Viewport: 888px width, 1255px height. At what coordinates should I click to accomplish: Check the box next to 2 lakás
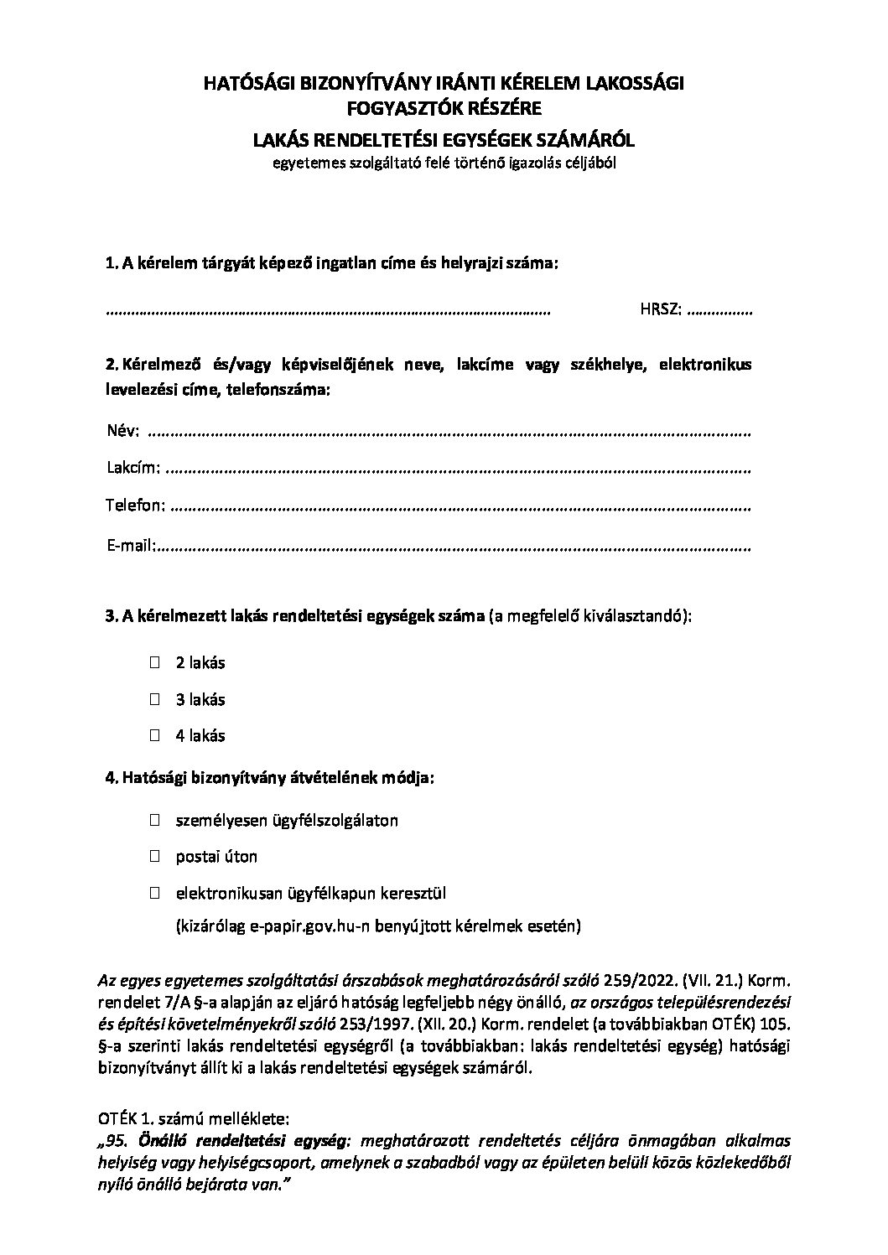(155, 662)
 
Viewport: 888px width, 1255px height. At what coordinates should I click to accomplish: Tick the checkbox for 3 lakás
(155, 698)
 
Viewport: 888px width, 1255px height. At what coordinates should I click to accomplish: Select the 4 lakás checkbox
(155, 735)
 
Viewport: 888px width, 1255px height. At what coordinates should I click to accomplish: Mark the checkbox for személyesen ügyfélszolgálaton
(155, 820)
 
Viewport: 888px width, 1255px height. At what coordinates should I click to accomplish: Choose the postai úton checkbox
(155, 857)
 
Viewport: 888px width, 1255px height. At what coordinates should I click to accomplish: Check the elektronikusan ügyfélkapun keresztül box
(155, 894)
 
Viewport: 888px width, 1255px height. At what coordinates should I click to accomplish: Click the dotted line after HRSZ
(719, 311)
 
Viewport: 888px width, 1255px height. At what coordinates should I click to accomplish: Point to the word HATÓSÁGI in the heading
(245, 82)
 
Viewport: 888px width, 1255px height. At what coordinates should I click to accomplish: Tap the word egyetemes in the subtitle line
(303, 163)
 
